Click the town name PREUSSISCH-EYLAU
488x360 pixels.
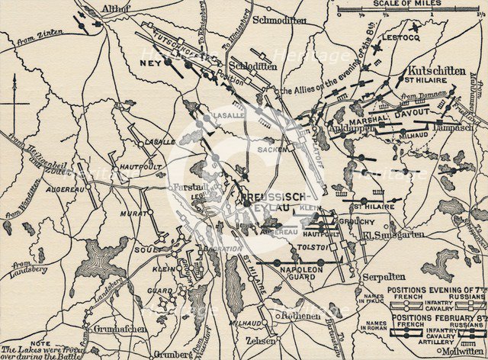pyautogui.click(x=268, y=202)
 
